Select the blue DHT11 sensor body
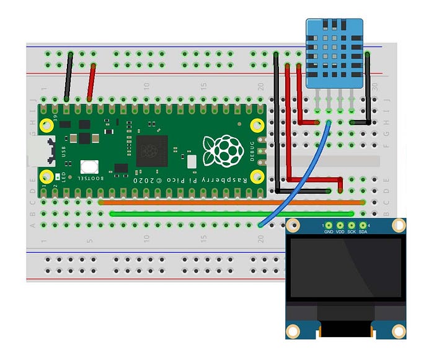pos(335,53)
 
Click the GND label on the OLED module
pos(329,232)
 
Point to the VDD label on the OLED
pos(340,232)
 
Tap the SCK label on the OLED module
pos(352,232)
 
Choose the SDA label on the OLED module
pos(363,232)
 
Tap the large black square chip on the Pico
pos(149,150)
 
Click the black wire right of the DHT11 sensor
pos(369,87)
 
